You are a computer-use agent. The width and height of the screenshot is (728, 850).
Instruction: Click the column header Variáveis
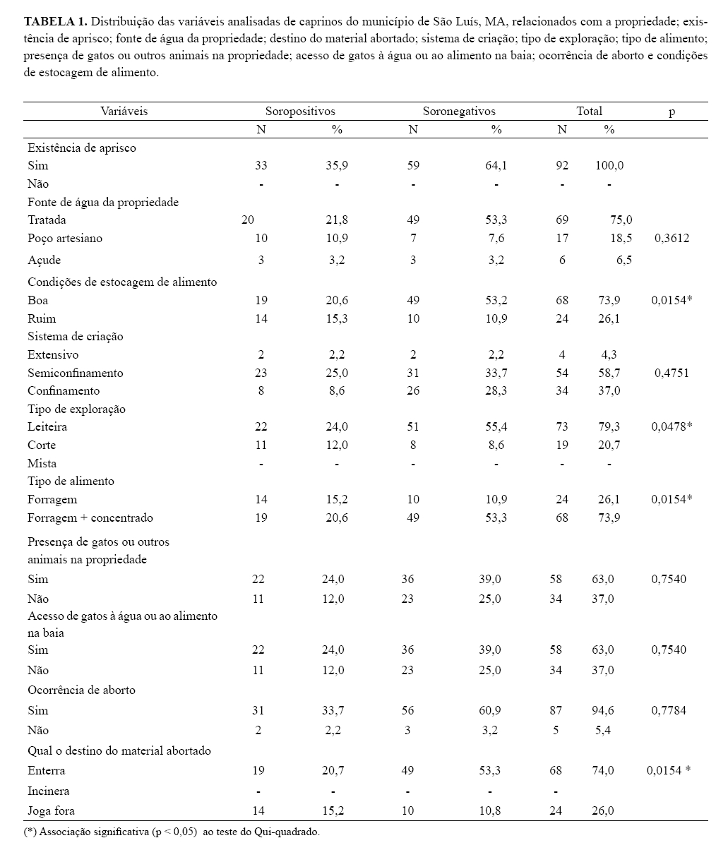[124, 111]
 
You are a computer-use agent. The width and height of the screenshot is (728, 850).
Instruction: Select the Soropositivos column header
[300, 111]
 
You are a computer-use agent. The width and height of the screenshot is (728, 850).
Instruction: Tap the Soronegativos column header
[459, 111]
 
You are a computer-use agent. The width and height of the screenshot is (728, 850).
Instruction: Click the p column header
[672, 112]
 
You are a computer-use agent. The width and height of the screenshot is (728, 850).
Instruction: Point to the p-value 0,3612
[672, 238]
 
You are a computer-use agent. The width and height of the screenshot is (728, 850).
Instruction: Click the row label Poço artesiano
[65, 238]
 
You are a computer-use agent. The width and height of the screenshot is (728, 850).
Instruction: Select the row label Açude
[44, 260]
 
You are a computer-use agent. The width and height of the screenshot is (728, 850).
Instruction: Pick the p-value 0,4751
[672, 373]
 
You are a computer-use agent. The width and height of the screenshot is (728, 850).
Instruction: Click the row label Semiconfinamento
[76, 373]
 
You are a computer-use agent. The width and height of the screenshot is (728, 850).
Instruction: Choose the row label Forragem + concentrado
[90, 517]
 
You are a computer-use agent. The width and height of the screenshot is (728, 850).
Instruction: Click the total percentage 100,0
[609, 166]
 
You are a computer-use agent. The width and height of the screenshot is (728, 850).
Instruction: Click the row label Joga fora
[51, 810]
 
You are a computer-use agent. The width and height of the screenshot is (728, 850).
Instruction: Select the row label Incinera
[49, 791]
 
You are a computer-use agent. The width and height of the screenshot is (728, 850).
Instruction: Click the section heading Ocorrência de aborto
[82, 690]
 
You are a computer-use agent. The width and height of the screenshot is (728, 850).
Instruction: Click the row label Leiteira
[48, 426]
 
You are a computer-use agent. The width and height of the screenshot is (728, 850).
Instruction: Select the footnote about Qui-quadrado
[172, 832]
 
